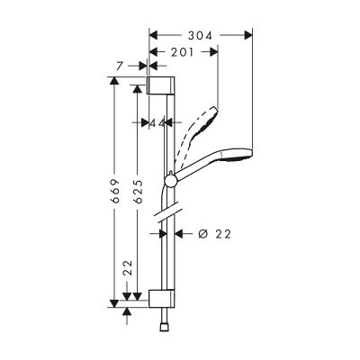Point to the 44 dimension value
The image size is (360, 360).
[x=159, y=121]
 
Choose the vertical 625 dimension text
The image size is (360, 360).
[x=136, y=193]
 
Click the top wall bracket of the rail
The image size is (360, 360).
[x=158, y=85]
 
